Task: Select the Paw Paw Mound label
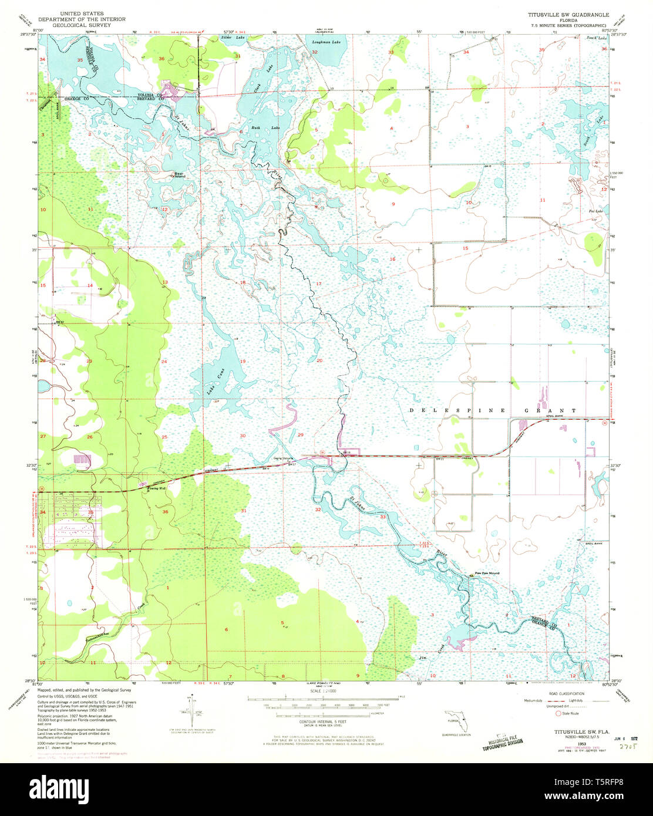pos(487,574)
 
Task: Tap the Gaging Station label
pos(283,459)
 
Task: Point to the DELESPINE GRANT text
pos(493,410)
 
